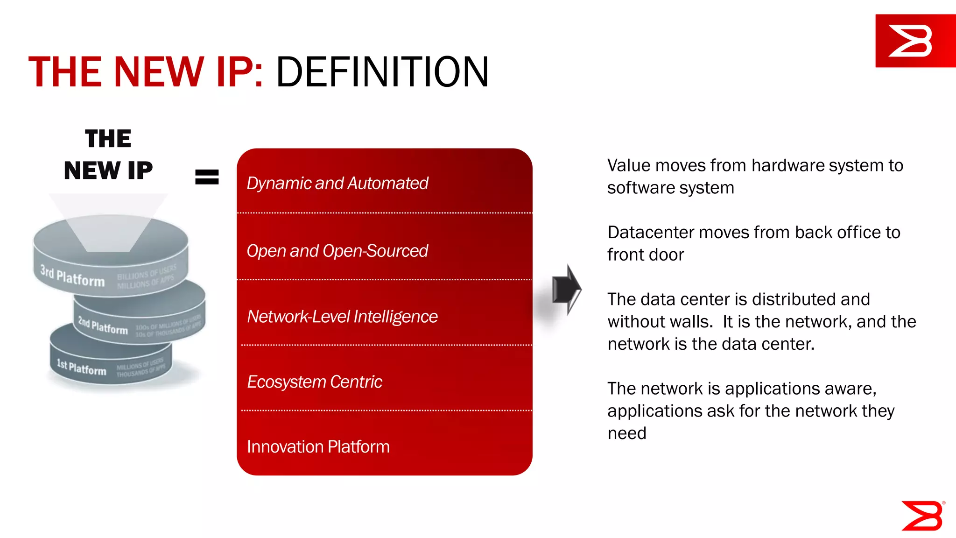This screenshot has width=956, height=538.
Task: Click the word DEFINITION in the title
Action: (x=382, y=72)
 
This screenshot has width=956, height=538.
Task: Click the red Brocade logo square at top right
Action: (x=915, y=41)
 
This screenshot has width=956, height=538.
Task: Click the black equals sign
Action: (x=207, y=177)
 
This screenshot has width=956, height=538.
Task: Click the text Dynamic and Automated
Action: (x=337, y=183)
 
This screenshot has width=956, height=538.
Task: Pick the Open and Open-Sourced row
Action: (x=337, y=251)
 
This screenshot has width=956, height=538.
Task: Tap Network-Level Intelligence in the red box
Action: (x=342, y=317)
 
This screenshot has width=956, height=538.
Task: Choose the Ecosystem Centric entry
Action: (x=314, y=382)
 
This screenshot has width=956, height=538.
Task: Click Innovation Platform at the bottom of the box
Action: (x=318, y=447)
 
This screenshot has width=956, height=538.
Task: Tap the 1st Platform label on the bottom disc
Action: (x=82, y=367)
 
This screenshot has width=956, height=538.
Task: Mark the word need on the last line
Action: (x=627, y=433)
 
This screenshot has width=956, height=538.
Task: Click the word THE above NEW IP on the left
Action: (x=108, y=139)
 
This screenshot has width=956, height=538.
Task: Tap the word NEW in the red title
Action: (x=159, y=72)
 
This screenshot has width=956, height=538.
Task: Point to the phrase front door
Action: (x=646, y=255)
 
